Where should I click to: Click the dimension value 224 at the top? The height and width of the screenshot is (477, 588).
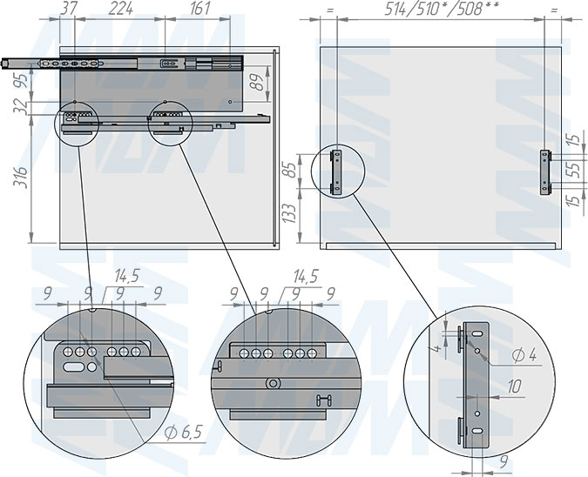pos(121,8)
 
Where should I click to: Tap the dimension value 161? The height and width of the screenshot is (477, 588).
pos(199,8)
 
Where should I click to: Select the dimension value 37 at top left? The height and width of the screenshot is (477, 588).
pos(69,8)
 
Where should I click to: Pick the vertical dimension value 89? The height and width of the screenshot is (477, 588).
pos(257,82)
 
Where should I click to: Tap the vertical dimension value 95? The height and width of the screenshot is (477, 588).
pos(21,81)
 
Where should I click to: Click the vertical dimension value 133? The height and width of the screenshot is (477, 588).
pos(290,213)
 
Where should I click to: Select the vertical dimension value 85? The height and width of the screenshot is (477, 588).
pos(290,170)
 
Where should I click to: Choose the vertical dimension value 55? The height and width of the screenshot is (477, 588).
pos(575,170)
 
